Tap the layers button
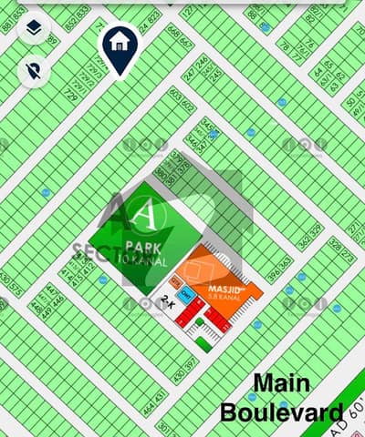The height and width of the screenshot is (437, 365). (34, 28)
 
